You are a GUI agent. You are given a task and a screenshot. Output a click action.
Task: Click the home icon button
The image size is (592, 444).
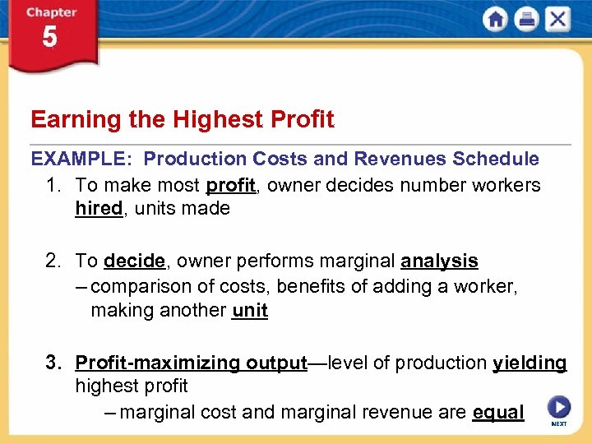pos(496,19)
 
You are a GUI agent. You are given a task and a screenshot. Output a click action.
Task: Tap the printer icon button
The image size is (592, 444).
pos(526,19)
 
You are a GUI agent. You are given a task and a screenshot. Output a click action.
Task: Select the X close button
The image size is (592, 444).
pos(557,19)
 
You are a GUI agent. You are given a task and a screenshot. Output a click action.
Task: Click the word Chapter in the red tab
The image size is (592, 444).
pos(50,13)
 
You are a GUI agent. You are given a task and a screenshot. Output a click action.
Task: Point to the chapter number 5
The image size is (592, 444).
pos(49,37)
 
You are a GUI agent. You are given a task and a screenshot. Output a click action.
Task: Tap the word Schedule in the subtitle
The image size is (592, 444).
pos(495,159)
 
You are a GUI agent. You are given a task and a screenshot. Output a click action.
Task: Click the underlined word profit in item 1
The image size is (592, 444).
pos(230,185)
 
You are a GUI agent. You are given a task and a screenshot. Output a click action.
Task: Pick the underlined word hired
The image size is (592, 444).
pos(99,209)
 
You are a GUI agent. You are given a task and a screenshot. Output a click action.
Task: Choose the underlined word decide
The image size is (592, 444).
pos(135,261)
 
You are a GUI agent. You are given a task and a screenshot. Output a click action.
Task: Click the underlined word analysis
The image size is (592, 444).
pos(439,261)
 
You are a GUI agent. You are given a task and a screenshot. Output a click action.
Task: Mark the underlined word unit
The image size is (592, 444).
pos(250,310)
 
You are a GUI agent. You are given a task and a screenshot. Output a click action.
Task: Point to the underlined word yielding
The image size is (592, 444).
pos(530,363)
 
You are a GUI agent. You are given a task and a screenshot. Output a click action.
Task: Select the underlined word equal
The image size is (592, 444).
pos(498,412)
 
